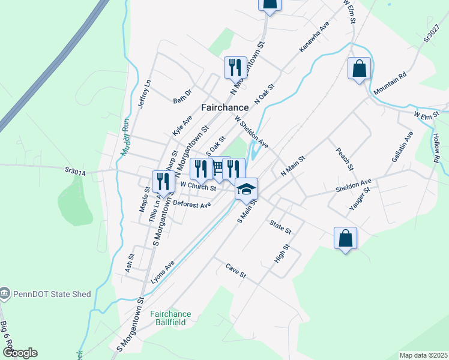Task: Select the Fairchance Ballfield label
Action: (170, 318)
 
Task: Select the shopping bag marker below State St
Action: (345, 238)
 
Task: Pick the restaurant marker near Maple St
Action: (162, 181)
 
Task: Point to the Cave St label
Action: (236, 271)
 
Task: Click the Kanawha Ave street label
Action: (315, 38)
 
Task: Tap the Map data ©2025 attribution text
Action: (423, 355)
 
